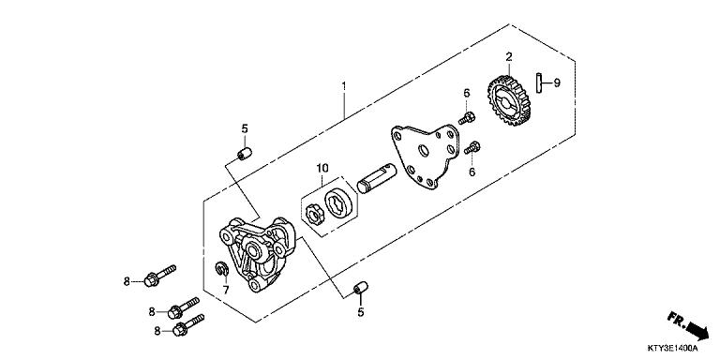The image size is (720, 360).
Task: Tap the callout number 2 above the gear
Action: [508, 56]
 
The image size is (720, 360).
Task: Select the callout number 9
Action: [556, 82]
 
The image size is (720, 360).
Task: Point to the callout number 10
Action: [322, 169]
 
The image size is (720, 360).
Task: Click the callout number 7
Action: [225, 290]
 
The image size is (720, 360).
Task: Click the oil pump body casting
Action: [254, 251]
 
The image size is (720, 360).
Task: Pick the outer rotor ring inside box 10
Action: [339, 202]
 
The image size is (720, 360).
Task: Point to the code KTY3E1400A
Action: [680, 351]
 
